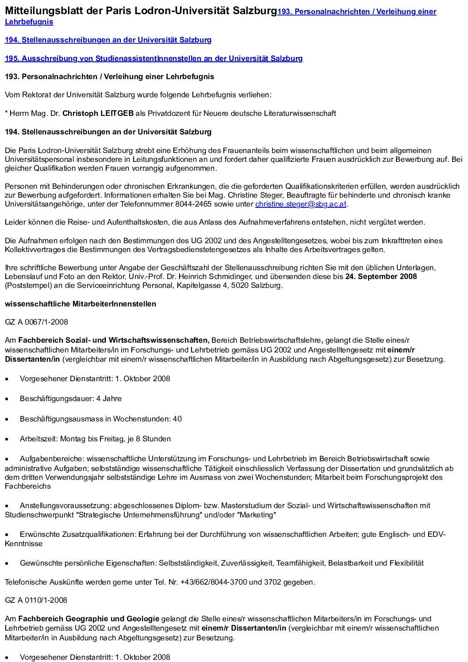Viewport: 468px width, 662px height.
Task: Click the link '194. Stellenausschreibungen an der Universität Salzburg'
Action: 108,40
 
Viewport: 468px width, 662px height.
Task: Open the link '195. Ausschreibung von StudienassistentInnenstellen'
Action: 153,58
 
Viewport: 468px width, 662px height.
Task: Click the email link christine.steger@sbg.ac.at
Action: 301,204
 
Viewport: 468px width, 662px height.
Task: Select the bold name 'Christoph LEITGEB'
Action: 98,113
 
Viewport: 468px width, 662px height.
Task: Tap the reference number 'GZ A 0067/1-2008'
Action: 36,322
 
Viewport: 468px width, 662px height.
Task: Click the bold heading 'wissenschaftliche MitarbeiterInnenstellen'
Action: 80,304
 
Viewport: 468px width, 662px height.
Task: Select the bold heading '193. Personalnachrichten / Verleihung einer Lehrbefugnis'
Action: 109,77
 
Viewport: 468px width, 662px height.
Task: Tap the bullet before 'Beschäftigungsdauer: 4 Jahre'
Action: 7,399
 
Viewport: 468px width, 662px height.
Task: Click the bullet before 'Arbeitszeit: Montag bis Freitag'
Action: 7,439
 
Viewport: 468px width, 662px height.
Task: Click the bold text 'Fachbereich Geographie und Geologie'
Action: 88,619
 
